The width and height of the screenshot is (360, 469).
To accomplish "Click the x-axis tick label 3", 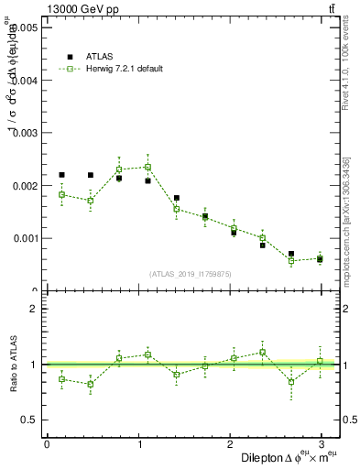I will [322, 444].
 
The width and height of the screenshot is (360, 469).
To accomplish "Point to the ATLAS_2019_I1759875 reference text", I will [189, 274].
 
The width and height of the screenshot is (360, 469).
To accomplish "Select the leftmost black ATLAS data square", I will [61, 175].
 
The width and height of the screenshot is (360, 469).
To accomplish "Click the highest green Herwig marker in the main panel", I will [147, 167].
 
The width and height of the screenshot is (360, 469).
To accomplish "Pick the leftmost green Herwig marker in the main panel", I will [61, 194].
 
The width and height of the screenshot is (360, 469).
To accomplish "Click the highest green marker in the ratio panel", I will [262, 352].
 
